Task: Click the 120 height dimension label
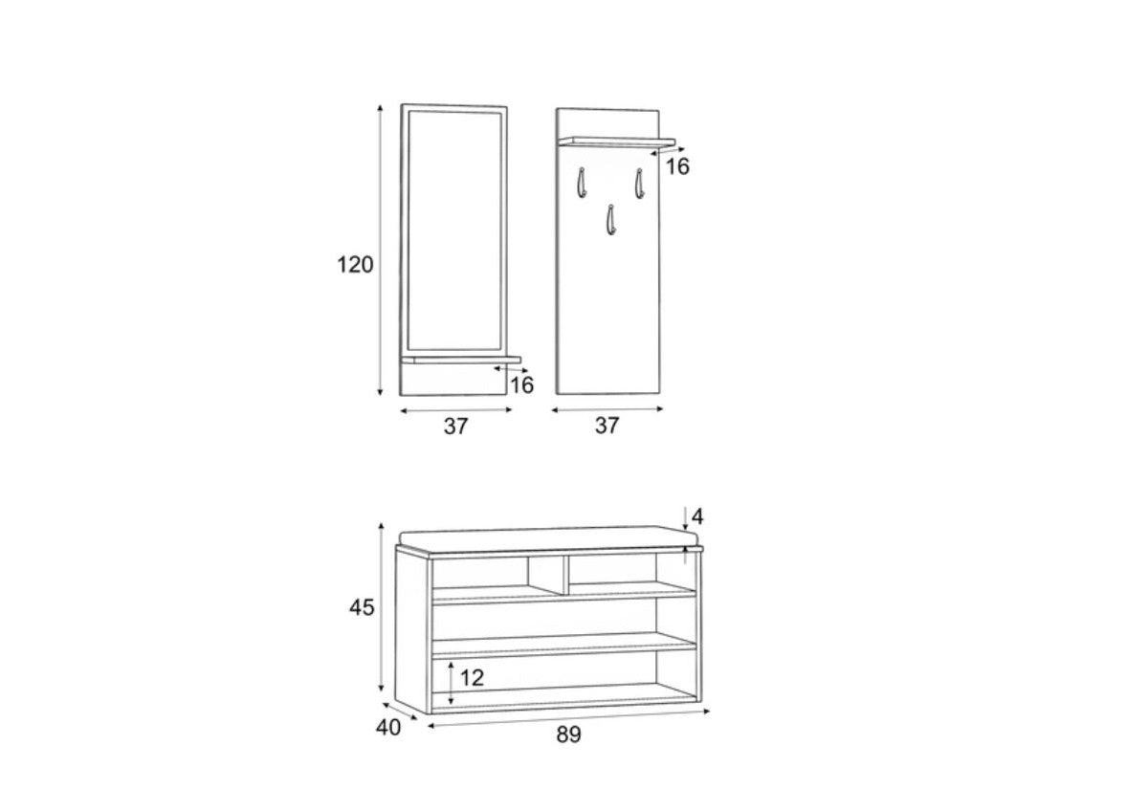(x=355, y=265)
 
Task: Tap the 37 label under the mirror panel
(x=456, y=427)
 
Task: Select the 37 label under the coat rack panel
(x=607, y=426)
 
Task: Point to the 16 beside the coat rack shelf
(x=677, y=166)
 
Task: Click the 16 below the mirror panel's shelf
(x=521, y=384)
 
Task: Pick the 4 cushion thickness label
(x=697, y=516)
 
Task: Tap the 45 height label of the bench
(x=363, y=607)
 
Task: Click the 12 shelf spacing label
(x=472, y=678)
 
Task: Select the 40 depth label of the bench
(x=388, y=728)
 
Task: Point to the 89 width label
(x=568, y=734)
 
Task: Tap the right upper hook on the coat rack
(x=638, y=182)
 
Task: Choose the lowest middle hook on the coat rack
(x=609, y=219)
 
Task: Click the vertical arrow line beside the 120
(x=381, y=249)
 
